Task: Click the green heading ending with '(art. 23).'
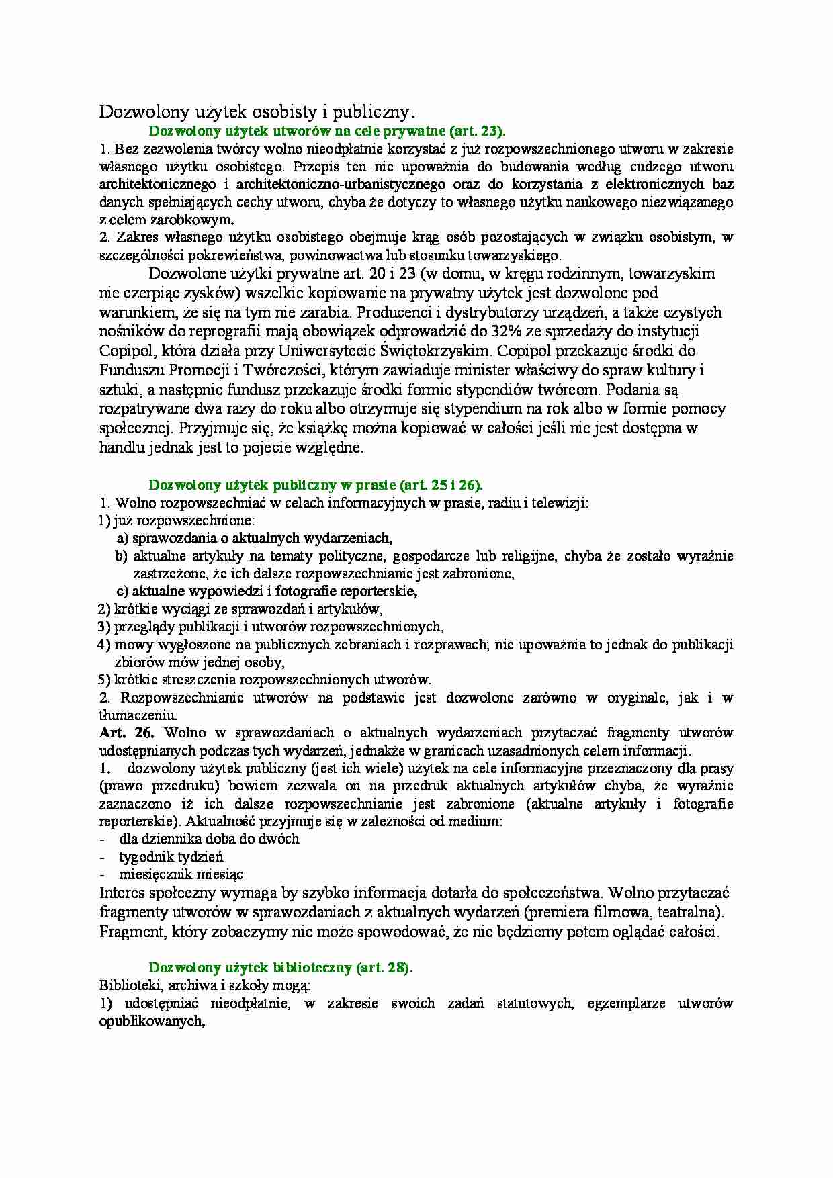point(326,131)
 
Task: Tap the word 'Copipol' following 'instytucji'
point(124,351)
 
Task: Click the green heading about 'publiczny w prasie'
point(315,485)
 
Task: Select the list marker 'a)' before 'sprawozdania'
point(122,538)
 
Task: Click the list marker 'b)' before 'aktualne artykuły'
point(122,556)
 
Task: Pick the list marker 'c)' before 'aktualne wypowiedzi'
point(122,592)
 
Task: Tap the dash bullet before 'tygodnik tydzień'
point(102,858)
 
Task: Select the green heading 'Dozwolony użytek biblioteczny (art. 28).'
point(280,968)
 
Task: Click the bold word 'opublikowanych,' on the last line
point(152,1021)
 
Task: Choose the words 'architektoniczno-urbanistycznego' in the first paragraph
point(341,184)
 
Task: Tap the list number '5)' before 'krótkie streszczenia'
point(104,680)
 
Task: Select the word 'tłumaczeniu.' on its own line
point(138,715)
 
